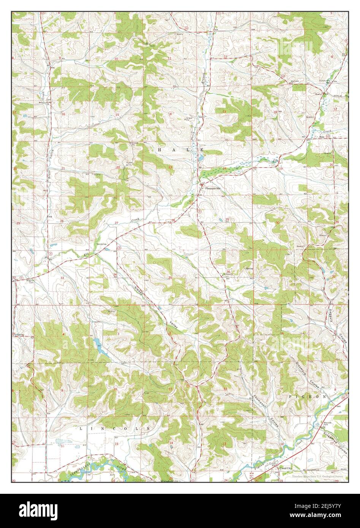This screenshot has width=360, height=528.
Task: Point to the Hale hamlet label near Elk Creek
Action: (323, 137)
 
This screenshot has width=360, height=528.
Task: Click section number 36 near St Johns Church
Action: (227, 271)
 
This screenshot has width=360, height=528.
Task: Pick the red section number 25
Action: (227, 220)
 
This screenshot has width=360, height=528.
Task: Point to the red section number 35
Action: (170, 278)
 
